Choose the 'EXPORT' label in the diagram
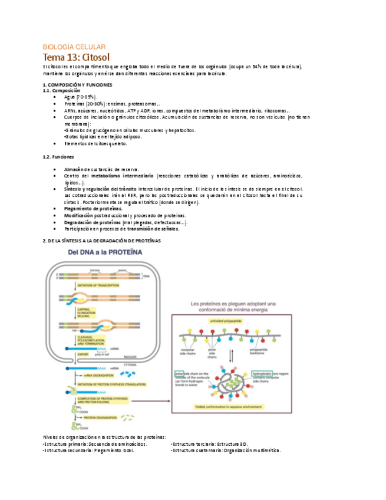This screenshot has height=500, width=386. pyautogui.click(x=83, y=354)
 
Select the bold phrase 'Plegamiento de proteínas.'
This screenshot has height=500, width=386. pyautogui.click(x=93, y=208)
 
